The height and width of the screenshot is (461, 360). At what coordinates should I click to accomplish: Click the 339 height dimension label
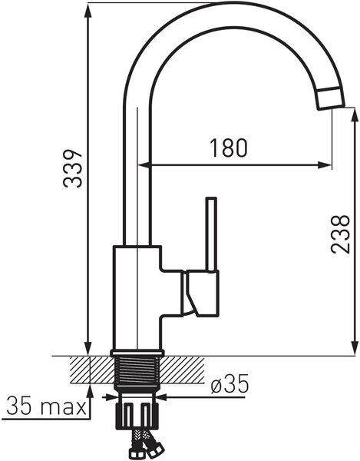pos(72,169)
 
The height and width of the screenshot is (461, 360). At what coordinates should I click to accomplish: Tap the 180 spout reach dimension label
pos(229,148)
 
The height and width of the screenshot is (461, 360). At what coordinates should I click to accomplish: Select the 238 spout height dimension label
pos(340,234)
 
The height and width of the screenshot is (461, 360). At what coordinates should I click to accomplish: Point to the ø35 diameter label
pos(230,384)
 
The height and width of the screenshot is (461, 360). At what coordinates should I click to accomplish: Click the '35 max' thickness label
pos(46,406)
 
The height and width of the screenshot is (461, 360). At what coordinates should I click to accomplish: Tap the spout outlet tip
pos(331,98)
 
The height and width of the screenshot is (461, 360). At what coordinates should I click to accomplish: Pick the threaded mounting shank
pos(137,373)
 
